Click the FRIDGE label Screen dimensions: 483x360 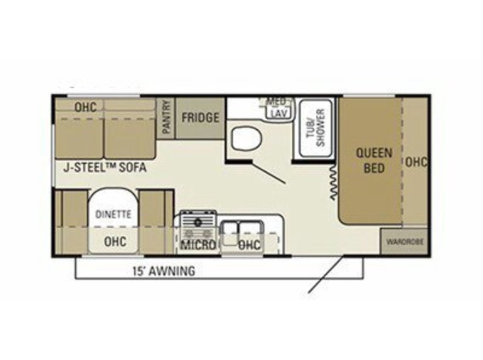coord(200,117)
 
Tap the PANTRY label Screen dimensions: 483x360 coord(166,117)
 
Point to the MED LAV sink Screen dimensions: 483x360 coord(279,109)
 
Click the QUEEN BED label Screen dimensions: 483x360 coord(374,161)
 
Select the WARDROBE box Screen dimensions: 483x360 coord(404,241)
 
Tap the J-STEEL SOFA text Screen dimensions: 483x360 coord(105,167)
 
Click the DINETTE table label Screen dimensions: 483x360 coord(114,214)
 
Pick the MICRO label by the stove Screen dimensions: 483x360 coord(198,245)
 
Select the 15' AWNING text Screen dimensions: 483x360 coord(164,271)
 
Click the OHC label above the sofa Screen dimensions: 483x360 coord(86,107)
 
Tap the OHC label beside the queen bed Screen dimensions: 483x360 coord(416,162)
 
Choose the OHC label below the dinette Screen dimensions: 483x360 coord(115,241)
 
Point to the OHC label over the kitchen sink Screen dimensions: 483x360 coord(250,245)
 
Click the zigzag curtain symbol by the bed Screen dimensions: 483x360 coord(333,182)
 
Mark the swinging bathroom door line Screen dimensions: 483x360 coord(269,172)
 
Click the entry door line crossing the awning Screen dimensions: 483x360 coord(326,275)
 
